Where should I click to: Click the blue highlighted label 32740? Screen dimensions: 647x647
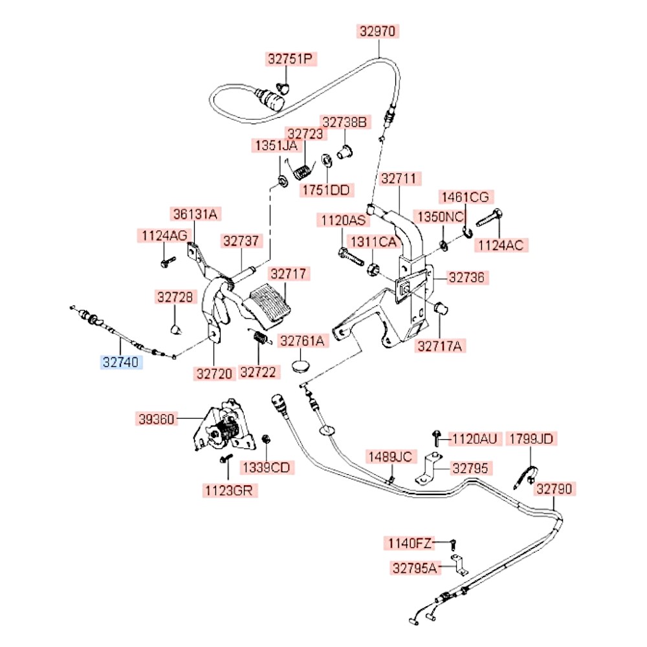pyautogui.click(x=122, y=362)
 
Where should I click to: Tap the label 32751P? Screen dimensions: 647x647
pyautogui.click(x=290, y=60)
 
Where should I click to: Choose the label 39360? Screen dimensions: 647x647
pyautogui.click(x=156, y=419)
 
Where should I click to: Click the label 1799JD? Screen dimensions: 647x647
pyautogui.click(x=531, y=439)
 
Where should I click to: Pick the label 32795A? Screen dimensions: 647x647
pyautogui.click(x=415, y=568)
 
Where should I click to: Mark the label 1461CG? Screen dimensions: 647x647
pyautogui.click(x=466, y=197)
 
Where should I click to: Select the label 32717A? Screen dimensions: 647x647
pyautogui.click(x=440, y=346)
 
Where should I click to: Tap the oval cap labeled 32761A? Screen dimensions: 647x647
pyautogui.click(x=300, y=364)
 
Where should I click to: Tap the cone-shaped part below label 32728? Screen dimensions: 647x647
pyautogui.click(x=175, y=329)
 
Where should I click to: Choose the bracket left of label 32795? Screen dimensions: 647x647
pyautogui.click(x=425, y=469)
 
